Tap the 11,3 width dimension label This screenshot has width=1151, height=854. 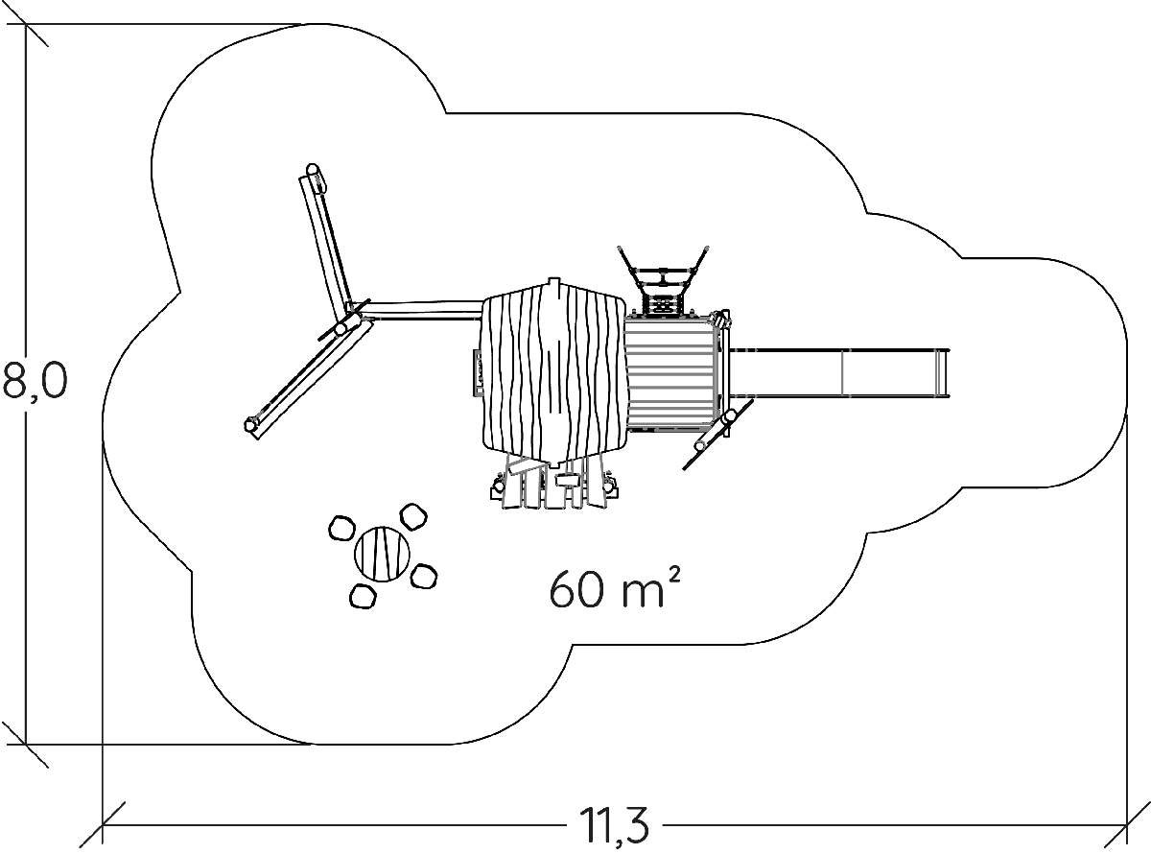[x=614, y=823]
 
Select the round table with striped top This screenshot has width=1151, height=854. [x=383, y=554]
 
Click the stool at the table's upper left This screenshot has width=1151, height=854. [x=341, y=529]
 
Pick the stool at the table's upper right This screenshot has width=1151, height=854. [x=412, y=518]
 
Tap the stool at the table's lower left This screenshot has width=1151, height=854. [x=362, y=596]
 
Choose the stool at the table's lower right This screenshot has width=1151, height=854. [x=424, y=577]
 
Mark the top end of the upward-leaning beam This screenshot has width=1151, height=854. [x=312, y=175]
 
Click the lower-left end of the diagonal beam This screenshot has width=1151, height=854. [x=253, y=423]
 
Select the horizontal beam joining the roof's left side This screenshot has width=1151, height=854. [x=422, y=310]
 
